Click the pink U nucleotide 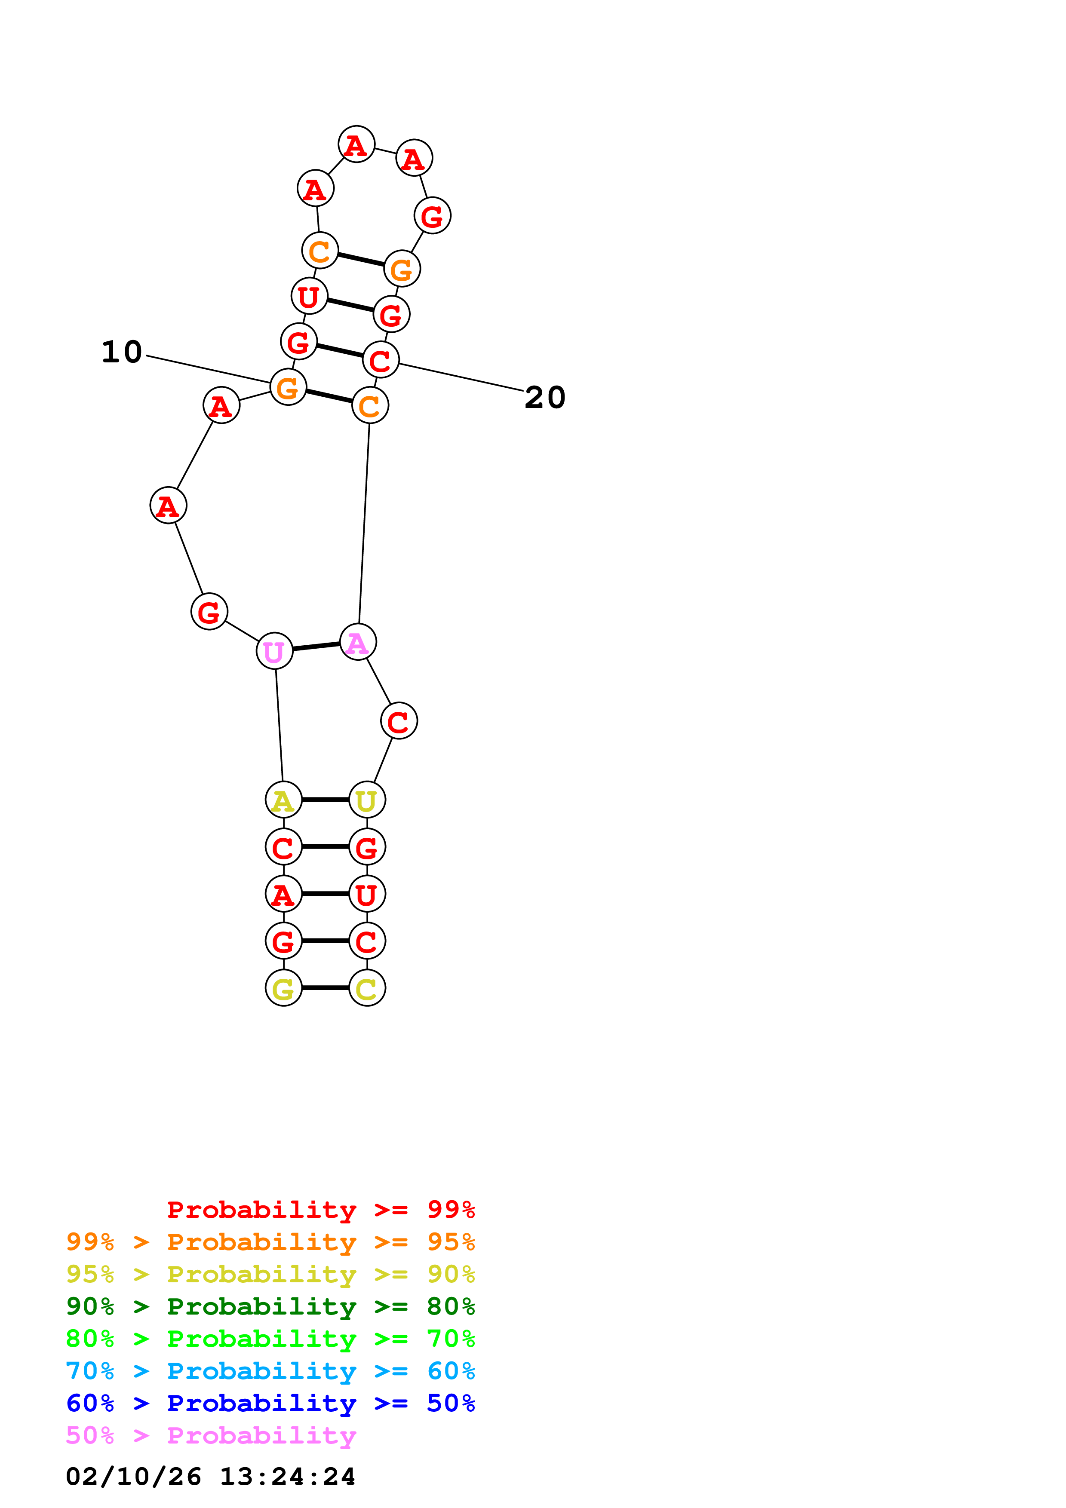(x=274, y=651)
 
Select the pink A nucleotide (x=357, y=642)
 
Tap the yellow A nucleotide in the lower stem (x=283, y=800)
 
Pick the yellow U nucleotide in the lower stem (x=366, y=800)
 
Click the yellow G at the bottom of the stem (x=283, y=988)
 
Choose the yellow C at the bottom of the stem (x=366, y=988)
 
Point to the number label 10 (x=122, y=352)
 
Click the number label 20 (x=544, y=397)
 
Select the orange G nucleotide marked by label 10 (x=288, y=387)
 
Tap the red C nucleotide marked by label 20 (x=380, y=360)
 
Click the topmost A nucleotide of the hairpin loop (x=356, y=144)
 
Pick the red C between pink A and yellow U (x=399, y=721)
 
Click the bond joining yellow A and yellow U (x=325, y=800)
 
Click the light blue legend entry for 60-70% (x=270, y=1371)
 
